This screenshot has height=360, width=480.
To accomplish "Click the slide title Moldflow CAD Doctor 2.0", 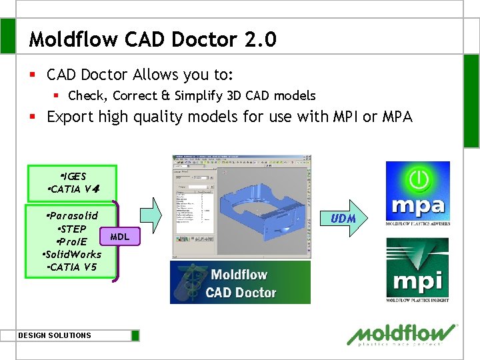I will [152, 39].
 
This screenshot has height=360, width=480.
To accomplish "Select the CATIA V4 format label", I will [74, 189].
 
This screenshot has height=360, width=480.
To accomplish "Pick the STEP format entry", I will [71, 229].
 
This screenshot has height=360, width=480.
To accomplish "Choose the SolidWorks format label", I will [71, 254].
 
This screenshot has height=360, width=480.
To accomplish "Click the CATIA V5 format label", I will [73, 267].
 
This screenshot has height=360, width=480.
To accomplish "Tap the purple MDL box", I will [119, 236].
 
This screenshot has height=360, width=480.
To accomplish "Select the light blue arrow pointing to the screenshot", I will [154, 216].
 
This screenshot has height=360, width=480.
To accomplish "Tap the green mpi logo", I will [417, 270].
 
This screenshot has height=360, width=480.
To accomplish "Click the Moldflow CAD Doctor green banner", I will [240, 283].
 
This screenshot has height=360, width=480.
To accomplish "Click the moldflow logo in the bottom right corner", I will [403, 334].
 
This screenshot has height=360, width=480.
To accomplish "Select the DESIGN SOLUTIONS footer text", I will [55, 335].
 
